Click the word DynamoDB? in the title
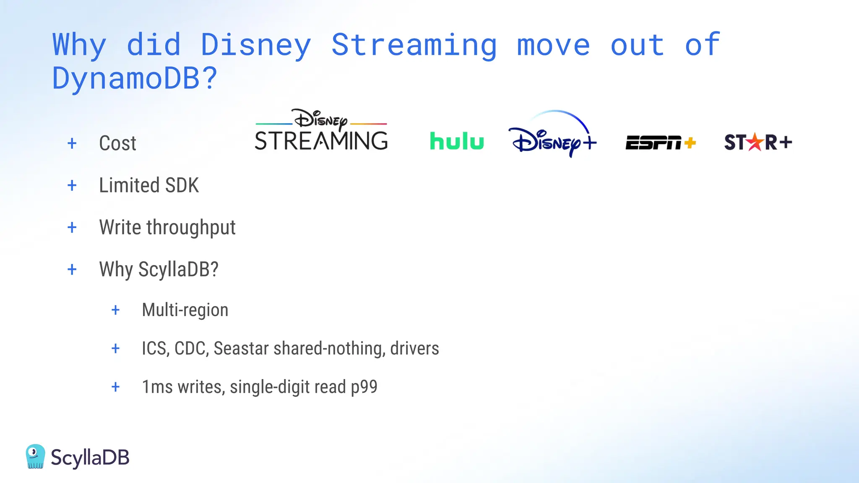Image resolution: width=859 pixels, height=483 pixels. (134, 78)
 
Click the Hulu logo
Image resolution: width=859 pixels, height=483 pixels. (457, 141)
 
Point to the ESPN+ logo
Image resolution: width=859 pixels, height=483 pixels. (660, 143)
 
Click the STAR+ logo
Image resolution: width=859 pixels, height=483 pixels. (757, 142)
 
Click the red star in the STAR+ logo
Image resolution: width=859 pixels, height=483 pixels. (755, 142)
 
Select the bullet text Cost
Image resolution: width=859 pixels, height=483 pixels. (117, 143)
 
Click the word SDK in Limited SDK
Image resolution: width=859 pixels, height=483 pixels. (182, 185)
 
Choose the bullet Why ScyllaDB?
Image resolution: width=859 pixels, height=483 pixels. (159, 269)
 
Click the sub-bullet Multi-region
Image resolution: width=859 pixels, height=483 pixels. (185, 310)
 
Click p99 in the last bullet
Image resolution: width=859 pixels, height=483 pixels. (364, 387)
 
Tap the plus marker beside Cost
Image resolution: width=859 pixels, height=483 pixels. (72, 143)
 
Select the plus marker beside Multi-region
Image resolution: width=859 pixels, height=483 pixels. (115, 310)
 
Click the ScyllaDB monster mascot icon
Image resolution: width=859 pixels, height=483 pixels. (35, 456)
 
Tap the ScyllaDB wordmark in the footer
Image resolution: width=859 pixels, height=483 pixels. (90, 457)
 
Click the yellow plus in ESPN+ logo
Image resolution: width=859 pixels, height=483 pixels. (690, 143)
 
